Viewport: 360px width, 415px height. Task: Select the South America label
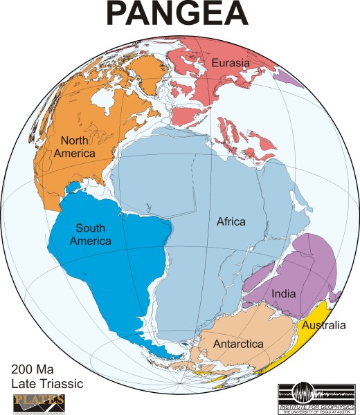tap(94, 234)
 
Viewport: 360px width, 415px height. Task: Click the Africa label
tap(231, 221)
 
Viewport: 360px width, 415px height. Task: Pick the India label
tap(284, 293)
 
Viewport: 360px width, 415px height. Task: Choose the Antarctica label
tap(237, 344)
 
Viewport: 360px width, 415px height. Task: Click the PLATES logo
tap(39, 402)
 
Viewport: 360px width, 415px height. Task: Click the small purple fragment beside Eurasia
tap(289, 78)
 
